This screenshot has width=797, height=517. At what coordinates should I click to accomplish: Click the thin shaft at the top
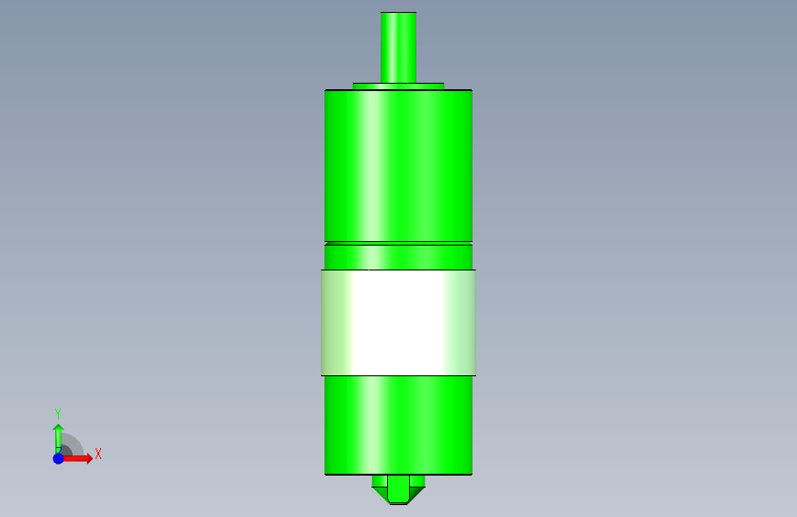click(398, 47)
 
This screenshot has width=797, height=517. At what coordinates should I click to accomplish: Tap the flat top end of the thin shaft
click(398, 12)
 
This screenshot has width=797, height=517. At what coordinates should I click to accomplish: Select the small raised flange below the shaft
click(398, 86)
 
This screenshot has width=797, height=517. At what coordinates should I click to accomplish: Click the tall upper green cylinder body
click(398, 166)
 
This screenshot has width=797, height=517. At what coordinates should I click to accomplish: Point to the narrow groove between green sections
click(398, 243)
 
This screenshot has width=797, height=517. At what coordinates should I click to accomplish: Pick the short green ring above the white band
click(398, 258)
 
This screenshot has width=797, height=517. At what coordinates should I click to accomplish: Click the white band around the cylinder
click(398, 323)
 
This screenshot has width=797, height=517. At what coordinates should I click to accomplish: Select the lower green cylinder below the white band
click(398, 425)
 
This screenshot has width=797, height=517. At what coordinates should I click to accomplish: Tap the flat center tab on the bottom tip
click(398, 488)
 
